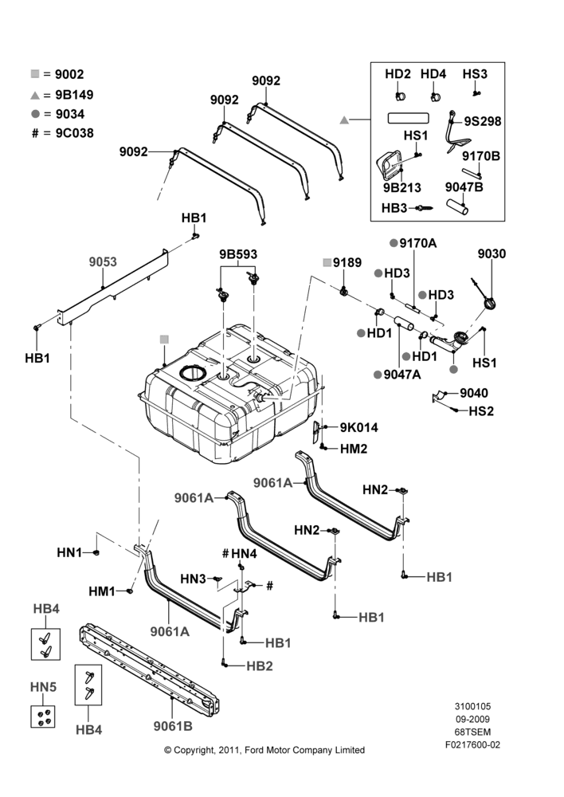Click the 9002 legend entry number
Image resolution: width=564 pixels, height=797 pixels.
point(69,74)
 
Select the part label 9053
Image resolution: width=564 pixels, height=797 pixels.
point(103,261)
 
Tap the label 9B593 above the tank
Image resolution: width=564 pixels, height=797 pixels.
point(238,254)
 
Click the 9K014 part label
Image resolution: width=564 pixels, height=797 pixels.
point(358,427)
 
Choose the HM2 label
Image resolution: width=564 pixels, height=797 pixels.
point(353,449)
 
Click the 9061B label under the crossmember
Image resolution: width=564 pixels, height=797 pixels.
point(173,726)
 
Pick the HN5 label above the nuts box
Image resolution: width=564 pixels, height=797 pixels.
point(43,687)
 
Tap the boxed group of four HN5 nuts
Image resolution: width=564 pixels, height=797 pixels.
point(43,717)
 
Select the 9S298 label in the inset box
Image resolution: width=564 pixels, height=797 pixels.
point(482,121)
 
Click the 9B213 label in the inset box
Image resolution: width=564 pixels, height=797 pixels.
point(402,187)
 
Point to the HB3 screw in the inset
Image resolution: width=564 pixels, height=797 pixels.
point(425,207)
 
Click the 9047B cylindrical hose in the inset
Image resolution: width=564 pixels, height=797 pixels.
point(457,206)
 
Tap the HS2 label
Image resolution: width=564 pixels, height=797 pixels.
point(480,410)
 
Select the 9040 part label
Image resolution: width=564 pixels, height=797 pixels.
point(473,393)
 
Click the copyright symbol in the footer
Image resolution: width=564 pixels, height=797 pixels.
point(167,750)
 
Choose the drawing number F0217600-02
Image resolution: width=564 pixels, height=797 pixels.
point(472,744)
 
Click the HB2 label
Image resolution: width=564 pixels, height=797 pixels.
point(259,665)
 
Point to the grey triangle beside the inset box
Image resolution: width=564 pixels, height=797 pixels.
point(344,120)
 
